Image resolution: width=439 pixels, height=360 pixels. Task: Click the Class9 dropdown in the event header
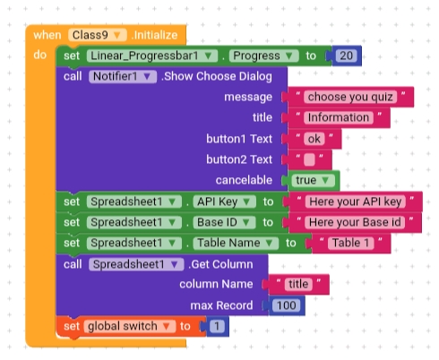pyautogui.click(x=98, y=35)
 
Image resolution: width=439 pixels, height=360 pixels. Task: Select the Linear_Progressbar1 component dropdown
pyautogui.click(x=152, y=56)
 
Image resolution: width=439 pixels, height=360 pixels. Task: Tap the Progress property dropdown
pyautogui.click(x=263, y=56)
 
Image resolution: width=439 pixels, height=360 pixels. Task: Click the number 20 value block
pyautogui.click(x=346, y=56)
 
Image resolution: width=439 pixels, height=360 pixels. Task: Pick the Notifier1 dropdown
pyautogui.click(x=123, y=76)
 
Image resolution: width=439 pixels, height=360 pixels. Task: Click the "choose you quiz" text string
pyautogui.click(x=350, y=97)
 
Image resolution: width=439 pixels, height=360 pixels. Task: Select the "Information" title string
pyautogui.click(x=339, y=117)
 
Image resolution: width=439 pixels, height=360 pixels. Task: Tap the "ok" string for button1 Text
pyautogui.click(x=314, y=139)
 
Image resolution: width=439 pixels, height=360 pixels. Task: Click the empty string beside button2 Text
pyautogui.click(x=309, y=159)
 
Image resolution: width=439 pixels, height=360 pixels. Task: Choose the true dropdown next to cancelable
pyautogui.click(x=313, y=180)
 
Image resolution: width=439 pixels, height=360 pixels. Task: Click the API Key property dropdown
pyautogui.click(x=225, y=201)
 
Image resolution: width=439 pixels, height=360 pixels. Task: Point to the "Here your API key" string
pyautogui.click(x=356, y=201)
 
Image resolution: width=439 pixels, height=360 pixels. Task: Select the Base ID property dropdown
pyautogui.click(x=224, y=222)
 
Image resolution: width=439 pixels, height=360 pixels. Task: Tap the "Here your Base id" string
pyautogui.click(x=355, y=222)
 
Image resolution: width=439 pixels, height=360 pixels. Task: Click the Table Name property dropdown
pyautogui.click(x=236, y=243)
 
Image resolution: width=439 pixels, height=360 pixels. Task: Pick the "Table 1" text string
pyautogui.click(x=350, y=243)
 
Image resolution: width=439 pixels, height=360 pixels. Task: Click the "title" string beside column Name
pyautogui.click(x=298, y=284)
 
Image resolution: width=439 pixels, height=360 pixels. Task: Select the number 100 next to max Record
pyautogui.click(x=287, y=305)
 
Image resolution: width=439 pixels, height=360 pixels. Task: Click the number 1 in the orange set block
pyautogui.click(x=217, y=326)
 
